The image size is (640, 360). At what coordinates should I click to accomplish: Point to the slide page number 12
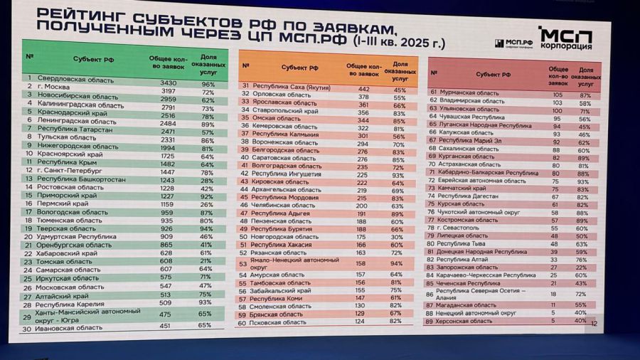point(595,324)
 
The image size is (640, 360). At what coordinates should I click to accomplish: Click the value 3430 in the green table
point(169,83)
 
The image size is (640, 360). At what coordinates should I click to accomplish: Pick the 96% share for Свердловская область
point(208,83)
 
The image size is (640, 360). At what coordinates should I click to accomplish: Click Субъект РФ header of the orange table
point(299,68)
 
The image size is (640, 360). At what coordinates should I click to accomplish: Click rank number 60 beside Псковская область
point(242,323)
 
